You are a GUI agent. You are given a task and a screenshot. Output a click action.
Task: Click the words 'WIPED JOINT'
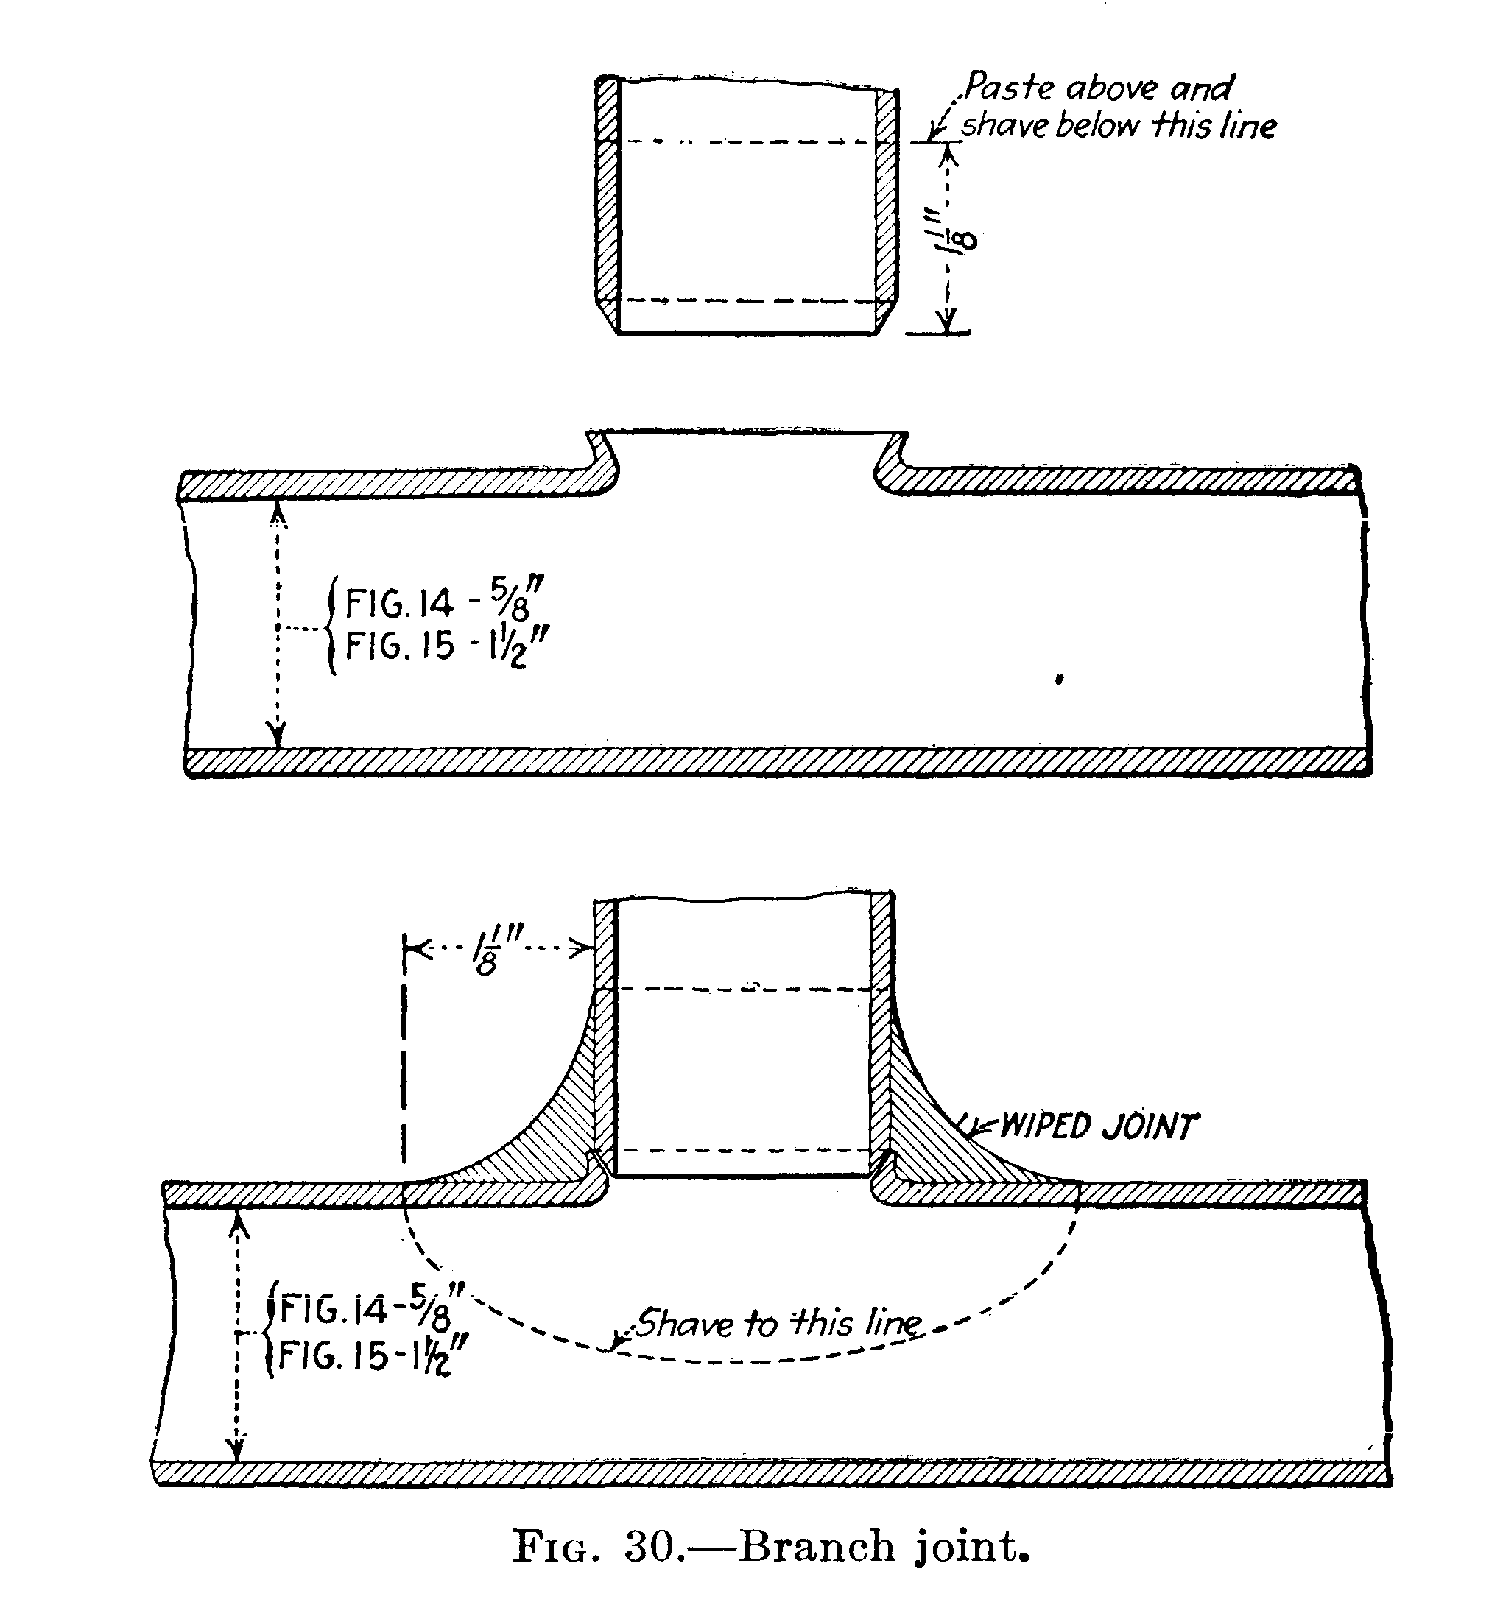coord(1098,1127)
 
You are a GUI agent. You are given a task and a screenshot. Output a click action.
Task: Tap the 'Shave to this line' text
coord(778,1323)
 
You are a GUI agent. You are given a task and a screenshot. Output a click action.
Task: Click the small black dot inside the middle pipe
coord(1059,680)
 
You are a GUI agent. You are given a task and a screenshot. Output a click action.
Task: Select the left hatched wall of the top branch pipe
coord(608,203)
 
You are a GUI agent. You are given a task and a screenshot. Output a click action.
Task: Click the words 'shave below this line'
coord(1119,126)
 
